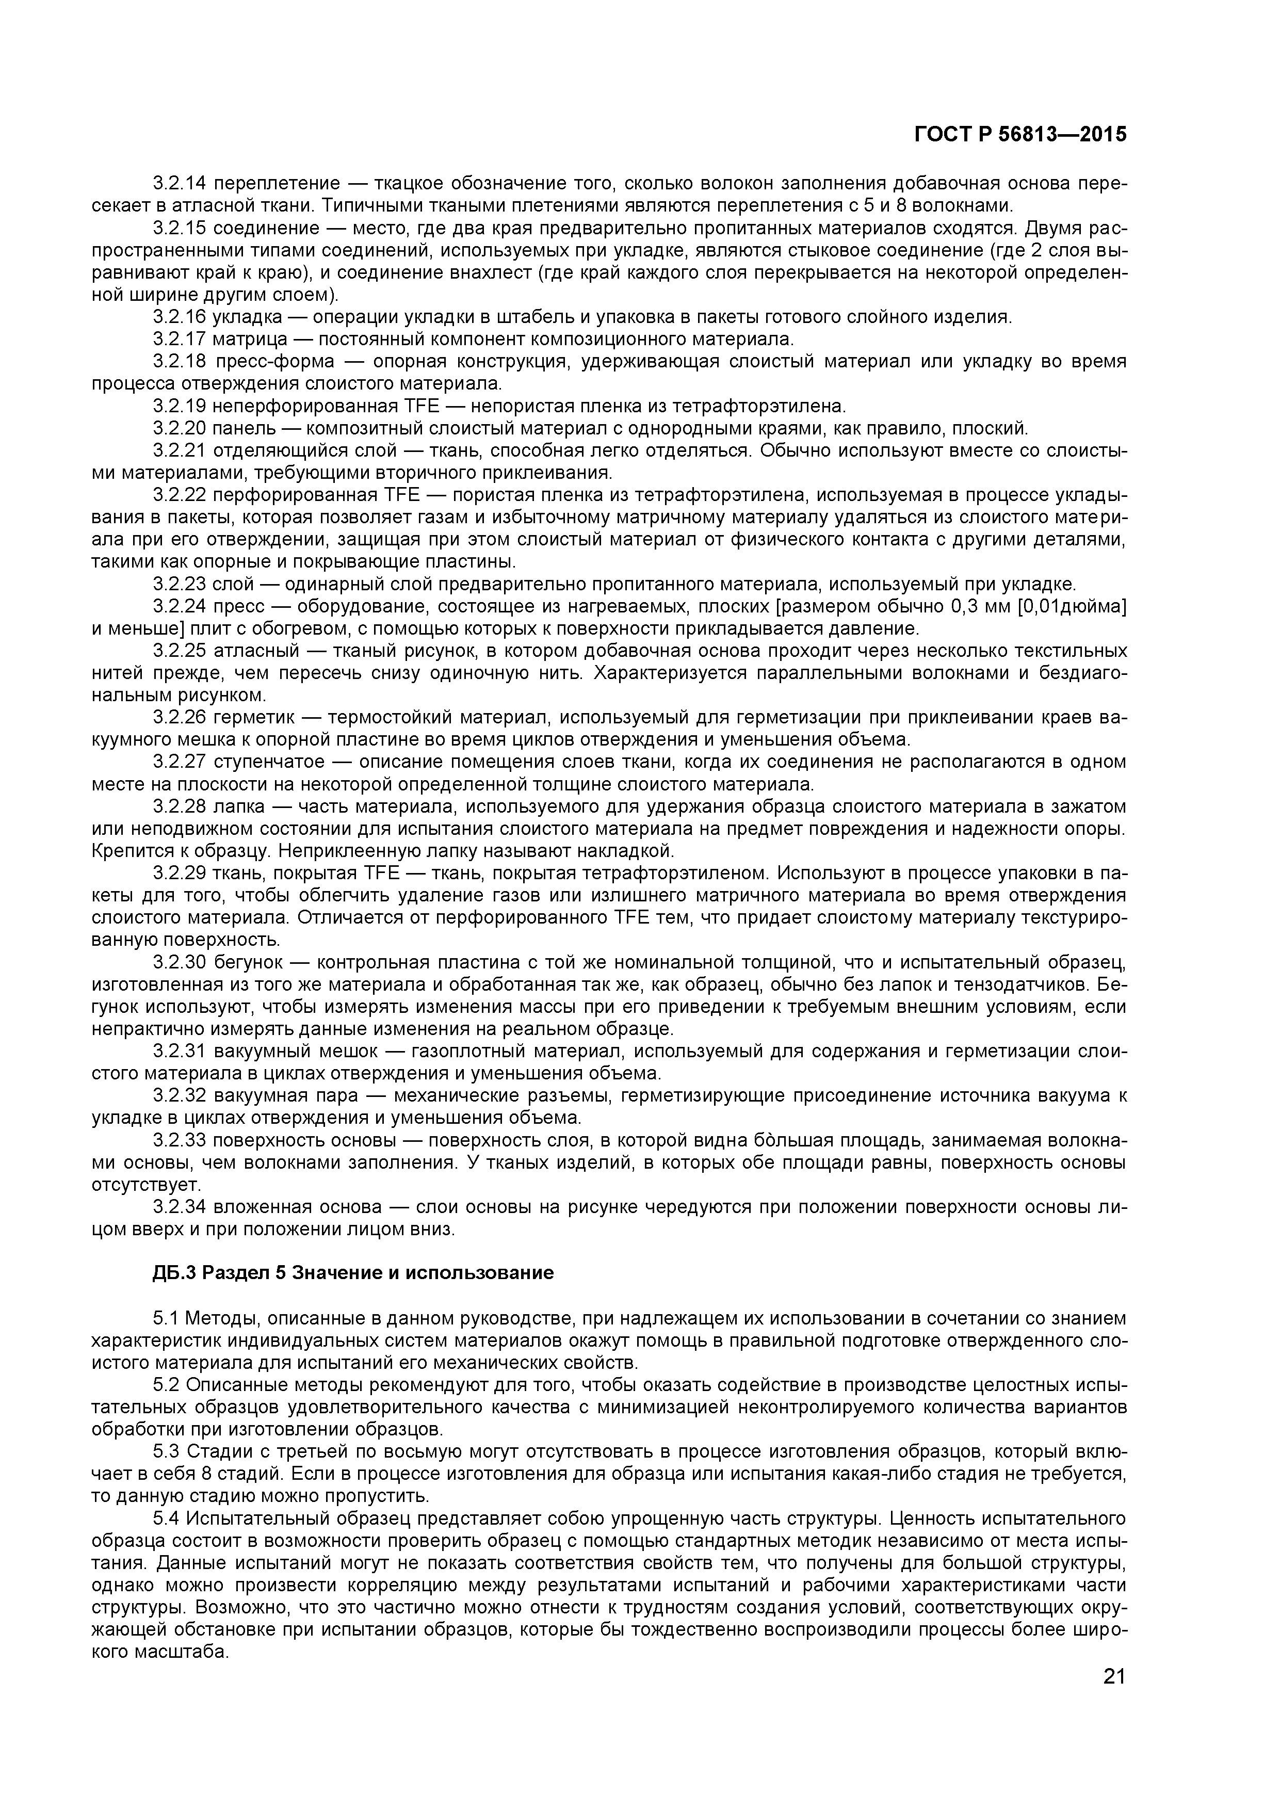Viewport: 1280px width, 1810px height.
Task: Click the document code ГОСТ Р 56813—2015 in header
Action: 1020,135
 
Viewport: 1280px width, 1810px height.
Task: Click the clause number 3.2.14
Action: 179,184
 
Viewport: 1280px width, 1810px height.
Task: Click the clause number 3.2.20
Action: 179,428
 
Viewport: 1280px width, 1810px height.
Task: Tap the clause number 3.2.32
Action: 179,1095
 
